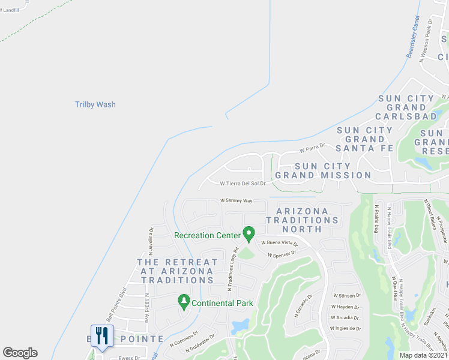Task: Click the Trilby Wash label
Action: [95, 104]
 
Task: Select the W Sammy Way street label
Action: [237, 201]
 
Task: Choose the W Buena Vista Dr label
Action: [280, 242]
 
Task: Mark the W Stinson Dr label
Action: [347, 296]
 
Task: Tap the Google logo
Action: [20, 353]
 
